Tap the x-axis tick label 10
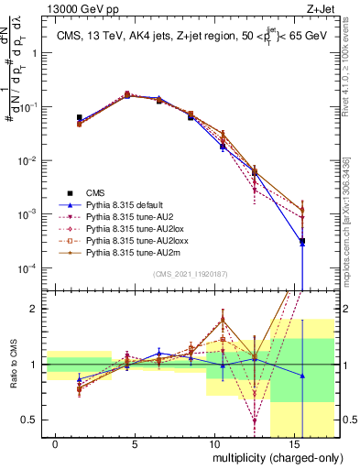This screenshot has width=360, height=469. tap(213, 444)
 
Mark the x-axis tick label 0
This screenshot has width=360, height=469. tap(56, 444)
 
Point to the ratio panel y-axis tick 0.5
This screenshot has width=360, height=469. tap(33, 420)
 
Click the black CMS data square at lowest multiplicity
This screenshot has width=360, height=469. tap(79, 118)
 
